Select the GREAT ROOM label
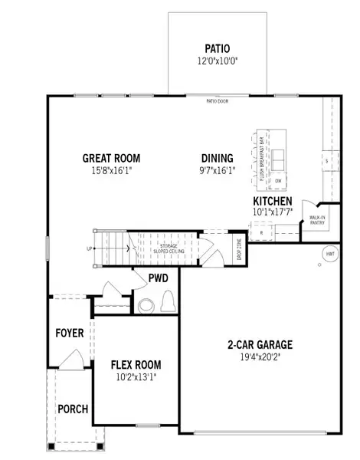[x=112, y=159]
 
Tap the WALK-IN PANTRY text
[x=319, y=220]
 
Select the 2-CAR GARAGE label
[x=259, y=345]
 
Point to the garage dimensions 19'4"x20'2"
[x=259, y=357]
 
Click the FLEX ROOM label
[x=136, y=364]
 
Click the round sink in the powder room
[x=146, y=307]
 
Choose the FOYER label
[x=69, y=333]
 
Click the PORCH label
[x=74, y=409]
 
